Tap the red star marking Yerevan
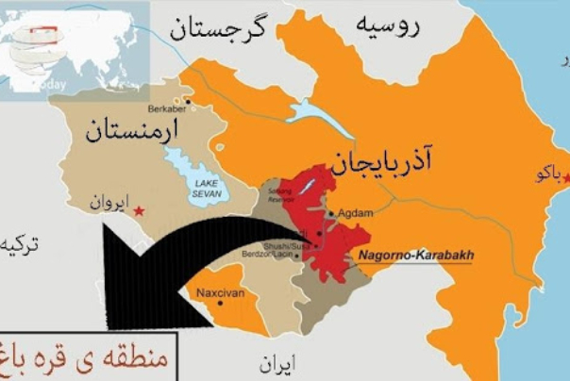(x=140, y=210)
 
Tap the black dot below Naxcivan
(x=220, y=304)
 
